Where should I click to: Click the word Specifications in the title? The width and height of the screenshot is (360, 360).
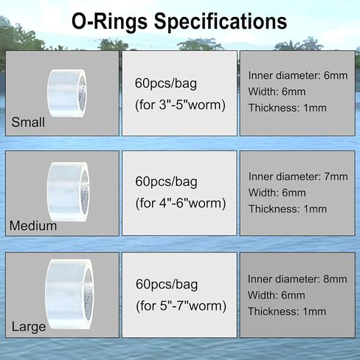point(221,22)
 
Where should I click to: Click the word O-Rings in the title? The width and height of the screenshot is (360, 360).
point(109,21)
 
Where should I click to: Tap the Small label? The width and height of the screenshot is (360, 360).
point(28,122)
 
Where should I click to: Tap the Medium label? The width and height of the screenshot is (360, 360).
point(33,226)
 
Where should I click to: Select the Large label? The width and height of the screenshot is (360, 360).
point(29,327)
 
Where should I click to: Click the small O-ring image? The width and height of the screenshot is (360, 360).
point(67,93)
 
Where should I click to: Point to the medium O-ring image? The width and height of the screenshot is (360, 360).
point(68,192)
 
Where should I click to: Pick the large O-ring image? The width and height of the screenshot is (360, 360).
point(69,294)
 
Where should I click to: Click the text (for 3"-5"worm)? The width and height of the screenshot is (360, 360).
point(180,105)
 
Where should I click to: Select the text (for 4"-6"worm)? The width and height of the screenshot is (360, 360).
point(181,204)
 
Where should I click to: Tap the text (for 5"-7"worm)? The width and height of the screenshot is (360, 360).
point(181,306)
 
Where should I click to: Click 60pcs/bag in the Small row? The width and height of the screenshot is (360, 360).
point(166,83)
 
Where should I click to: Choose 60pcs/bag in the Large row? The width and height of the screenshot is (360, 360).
point(167,285)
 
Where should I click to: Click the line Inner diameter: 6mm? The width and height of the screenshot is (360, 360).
point(298,75)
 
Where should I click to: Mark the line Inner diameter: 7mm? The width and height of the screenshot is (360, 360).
point(298,176)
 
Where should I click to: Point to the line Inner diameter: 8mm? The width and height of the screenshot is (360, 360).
point(297,279)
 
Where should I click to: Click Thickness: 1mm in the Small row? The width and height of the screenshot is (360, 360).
point(288,108)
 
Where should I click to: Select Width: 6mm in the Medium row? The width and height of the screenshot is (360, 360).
point(277,193)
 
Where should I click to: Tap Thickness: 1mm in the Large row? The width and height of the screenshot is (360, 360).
point(287,311)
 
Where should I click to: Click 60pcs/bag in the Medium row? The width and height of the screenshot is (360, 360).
point(166,181)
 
